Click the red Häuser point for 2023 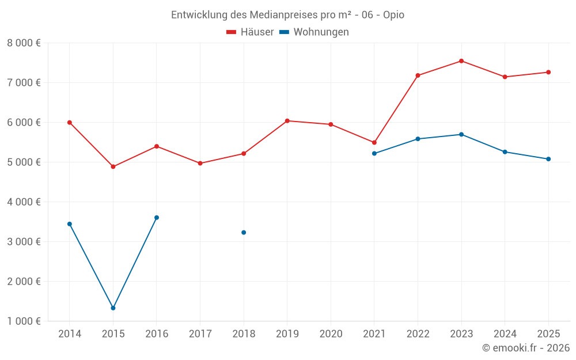click(x=461, y=61)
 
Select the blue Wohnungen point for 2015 click(x=113, y=308)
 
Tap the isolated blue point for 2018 click(x=244, y=233)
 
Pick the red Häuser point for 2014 click(x=70, y=123)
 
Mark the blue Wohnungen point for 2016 click(x=157, y=218)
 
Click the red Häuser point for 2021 click(x=374, y=143)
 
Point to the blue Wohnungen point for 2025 click(x=548, y=159)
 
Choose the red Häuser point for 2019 click(x=287, y=121)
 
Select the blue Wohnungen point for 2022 click(x=418, y=139)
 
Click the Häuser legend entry click(x=251, y=32)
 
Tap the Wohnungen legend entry click(x=314, y=32)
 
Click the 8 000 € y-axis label click(x=24, y=43)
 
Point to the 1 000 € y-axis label click(x=24, y=321)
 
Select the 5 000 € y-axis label click(x=24, y=162)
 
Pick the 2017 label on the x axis click(x=200, y=334)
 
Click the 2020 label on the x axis click(x=331, y=334)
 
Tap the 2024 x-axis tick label click(x=505, y=334)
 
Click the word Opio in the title click(x=393, y=15)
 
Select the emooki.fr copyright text click(x=526, y=348)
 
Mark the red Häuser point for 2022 click(x=418, y=75)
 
